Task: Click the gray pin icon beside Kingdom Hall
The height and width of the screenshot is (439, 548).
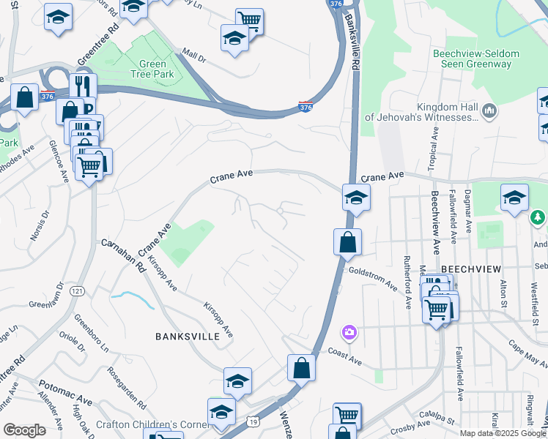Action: pyautogui.click(x=490, y=111)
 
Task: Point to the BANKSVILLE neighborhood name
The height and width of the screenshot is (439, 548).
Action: pyautogui.click(x=188, y=337)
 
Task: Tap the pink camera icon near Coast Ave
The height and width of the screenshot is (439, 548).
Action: pyautogui.click(x=349, y=333)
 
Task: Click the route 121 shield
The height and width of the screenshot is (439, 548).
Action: pyautogui.click(x=77, y=291)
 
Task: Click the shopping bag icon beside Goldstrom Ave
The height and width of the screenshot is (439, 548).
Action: pyautogui.click(x=347, y=241)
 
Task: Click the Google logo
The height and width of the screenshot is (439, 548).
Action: pyautogui.click(x=24, y=431)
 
